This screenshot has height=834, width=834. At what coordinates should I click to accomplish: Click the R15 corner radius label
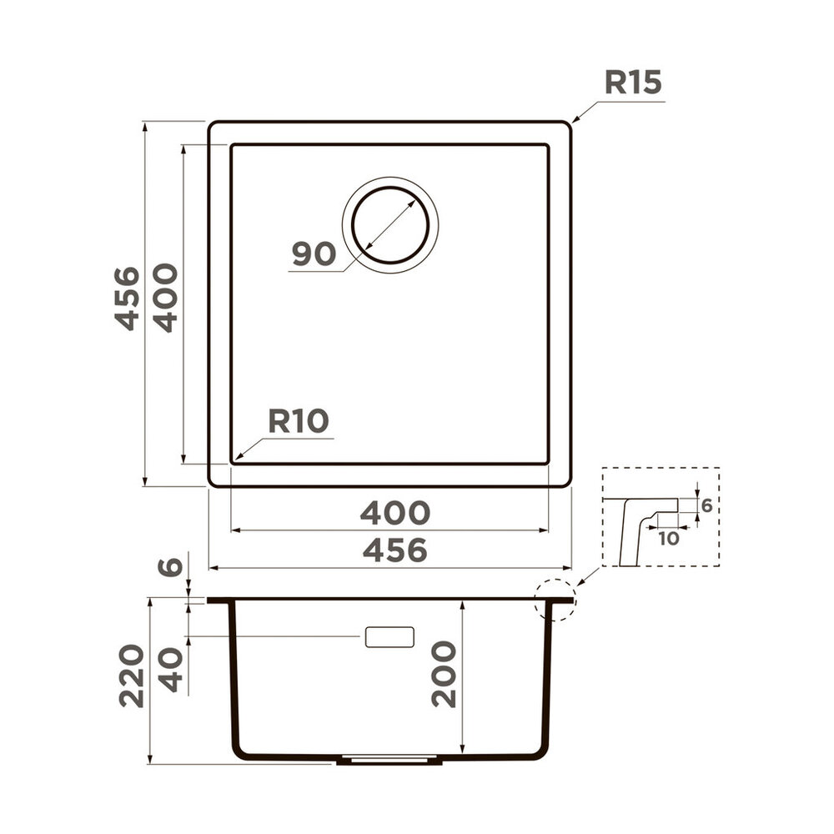click(x=633, y=83)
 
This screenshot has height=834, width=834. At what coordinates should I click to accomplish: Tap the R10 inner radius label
click(x=299, y=421)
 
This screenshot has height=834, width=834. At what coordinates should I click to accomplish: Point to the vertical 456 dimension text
click(x=128, y=298)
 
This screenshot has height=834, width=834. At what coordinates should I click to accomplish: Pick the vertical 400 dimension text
click(x=166, y=298)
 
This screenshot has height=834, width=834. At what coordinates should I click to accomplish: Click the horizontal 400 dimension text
click(x=394, y=512)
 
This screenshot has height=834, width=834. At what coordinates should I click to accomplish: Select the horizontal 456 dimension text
click(x=394, y=550)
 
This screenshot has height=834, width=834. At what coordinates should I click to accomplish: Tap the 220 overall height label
click(x=132, y=676)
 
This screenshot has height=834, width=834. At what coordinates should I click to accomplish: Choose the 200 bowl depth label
click(x=445, y=674)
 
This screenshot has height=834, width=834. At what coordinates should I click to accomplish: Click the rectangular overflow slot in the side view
click(x=389, y=636)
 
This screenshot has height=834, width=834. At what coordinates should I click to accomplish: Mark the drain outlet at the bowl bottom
click(x=389, y=760)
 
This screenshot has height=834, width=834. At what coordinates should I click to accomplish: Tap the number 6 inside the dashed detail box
click(x=706, y=505)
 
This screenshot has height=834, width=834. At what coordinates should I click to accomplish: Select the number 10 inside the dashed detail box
click(x=668, y=539)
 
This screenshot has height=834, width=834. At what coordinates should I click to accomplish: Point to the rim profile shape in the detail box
click(x=638, y=525)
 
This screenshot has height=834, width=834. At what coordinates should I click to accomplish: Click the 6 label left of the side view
click(x=170, y=567)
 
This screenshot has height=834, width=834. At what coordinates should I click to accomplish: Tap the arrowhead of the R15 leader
click(x=575, y=122)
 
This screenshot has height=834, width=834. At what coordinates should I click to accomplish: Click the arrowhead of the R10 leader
click(x=237, y=458)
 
